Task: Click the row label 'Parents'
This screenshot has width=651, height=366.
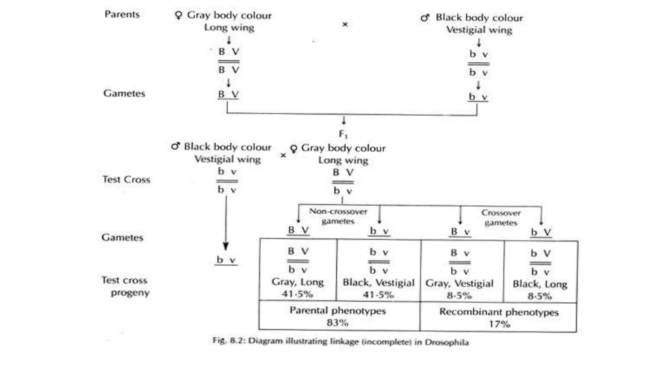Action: tap(122, 14)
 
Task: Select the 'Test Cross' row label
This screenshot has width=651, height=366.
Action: tap(126, 180)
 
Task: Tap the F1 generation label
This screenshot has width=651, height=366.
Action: tap(343, 134)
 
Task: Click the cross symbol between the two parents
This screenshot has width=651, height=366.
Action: tap(345, 24)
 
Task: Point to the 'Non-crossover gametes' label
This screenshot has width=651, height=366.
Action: tap(338, 216)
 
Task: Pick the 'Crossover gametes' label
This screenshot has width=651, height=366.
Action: tap(501, 218)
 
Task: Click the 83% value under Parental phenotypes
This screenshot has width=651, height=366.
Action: tap(338, 323)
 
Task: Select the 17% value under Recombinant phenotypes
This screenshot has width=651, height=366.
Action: tap(499, 324)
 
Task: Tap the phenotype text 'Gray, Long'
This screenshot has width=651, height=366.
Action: tap(298, 282)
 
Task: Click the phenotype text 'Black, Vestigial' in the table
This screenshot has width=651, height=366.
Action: tap(379, 283)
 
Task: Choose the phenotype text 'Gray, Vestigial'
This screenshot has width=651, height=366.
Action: tap(459, 283)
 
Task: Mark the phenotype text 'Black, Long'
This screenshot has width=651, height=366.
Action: tap(540, 284)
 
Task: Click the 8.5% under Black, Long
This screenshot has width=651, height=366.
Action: tap(540, 296)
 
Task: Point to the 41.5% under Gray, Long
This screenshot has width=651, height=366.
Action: tap(297, 294)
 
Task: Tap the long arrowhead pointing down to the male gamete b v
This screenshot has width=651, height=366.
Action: tap(226, 246)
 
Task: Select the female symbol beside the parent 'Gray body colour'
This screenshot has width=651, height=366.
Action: tap(179, 15)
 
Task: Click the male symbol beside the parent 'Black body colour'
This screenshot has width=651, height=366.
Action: tap(425, 18)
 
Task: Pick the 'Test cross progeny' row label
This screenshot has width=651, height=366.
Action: tap(125, 286)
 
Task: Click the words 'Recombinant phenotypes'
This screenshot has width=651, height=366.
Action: tap(499, 312)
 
